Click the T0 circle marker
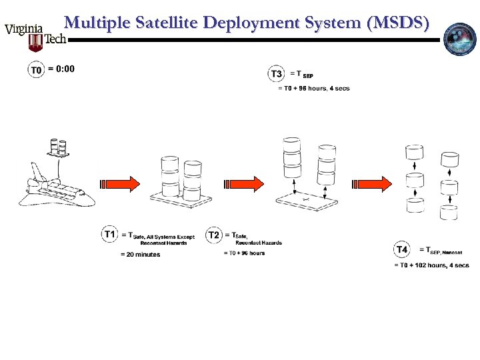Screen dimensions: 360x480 36,70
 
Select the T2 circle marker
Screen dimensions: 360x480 214,235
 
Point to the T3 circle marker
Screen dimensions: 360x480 276,74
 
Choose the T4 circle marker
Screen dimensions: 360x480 402,250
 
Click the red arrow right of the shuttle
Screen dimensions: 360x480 120,183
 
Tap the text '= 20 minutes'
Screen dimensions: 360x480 140,255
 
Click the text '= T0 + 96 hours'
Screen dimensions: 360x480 244,253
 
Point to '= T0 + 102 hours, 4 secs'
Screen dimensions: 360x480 431,265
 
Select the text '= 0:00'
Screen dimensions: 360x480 61,69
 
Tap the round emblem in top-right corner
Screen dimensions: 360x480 461,38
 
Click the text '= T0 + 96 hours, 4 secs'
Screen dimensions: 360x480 313,89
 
